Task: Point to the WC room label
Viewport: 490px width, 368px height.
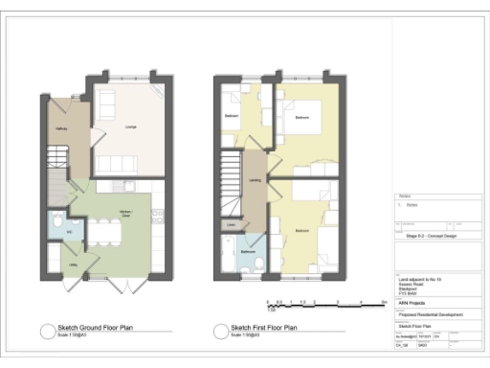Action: [x=56, y=230]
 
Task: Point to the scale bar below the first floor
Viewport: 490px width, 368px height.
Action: [x=334, y=305]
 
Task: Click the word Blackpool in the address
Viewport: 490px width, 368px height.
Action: [x=407, y=288]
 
